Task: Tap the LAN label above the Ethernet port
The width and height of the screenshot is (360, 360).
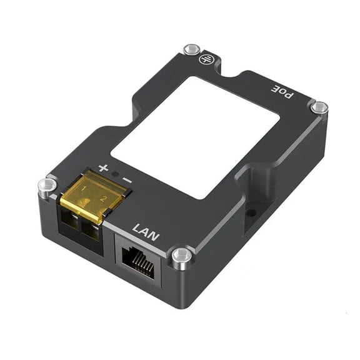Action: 146,234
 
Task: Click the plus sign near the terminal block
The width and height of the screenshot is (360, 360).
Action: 104,168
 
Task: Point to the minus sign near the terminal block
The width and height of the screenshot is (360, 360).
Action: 127,179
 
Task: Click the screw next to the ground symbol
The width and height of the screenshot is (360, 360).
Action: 191,49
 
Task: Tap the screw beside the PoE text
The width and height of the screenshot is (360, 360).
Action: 319,107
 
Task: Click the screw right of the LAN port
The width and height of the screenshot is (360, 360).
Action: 181,256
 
